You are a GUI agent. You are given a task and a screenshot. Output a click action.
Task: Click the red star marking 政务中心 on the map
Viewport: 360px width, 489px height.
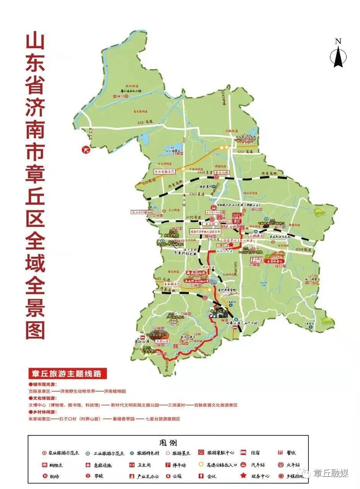click(231, 244)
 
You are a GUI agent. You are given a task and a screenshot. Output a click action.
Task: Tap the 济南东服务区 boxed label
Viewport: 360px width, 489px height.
click(164, 172)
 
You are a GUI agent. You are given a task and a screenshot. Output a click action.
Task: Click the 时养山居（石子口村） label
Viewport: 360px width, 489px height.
click(243, 323)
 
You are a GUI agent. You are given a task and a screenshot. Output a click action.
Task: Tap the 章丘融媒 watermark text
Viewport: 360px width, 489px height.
click(331, 474)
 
